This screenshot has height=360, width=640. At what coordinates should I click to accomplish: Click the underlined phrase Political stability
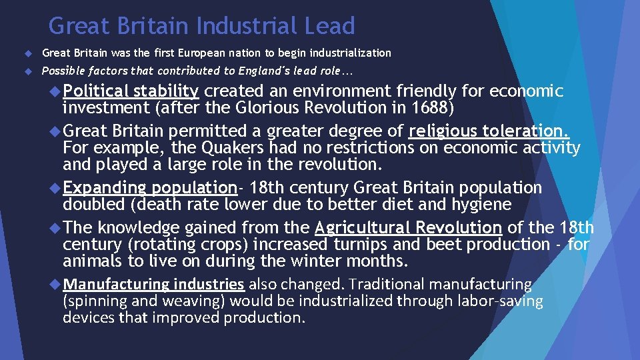tap(131, 91)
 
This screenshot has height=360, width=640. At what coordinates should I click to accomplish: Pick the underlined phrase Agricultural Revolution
tap(408, 228)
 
